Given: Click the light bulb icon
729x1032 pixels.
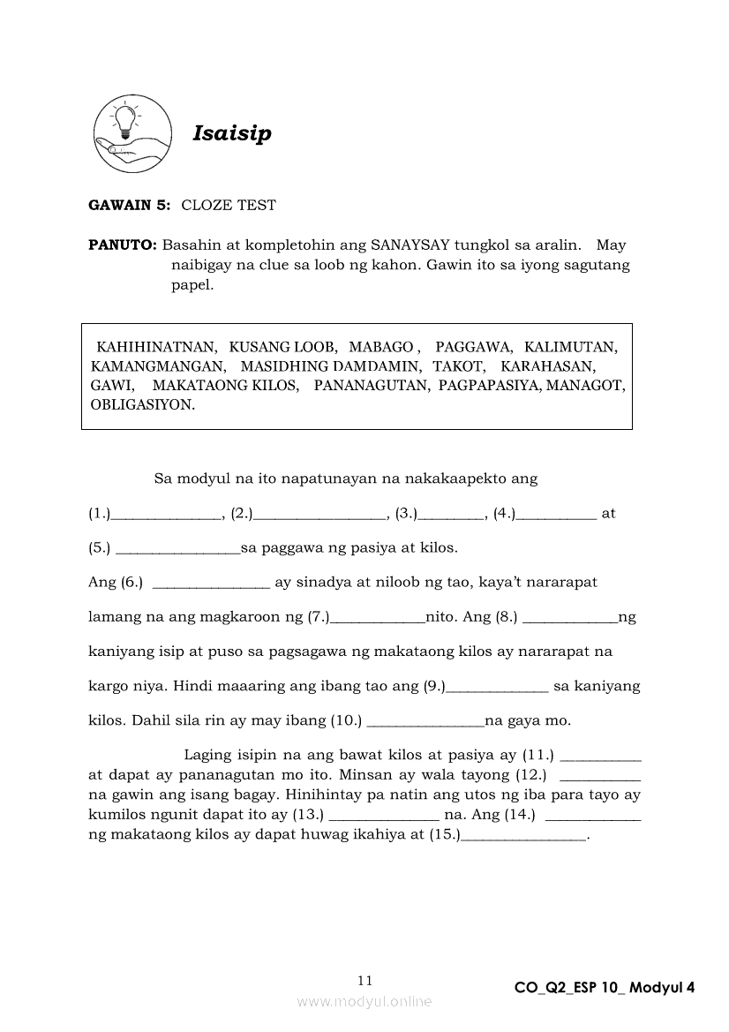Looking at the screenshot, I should (x=122, y=122).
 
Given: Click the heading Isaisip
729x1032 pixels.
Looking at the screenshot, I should (x=232, y=134).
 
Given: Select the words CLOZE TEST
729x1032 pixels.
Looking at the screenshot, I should (x=229, y=205).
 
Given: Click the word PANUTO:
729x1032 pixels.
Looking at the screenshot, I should (x=123, y=245).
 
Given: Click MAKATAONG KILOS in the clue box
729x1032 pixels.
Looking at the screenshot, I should (x=226, y=386).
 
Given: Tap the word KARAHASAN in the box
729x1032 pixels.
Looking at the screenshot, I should (x=548, y=365).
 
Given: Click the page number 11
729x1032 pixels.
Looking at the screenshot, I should (x=365, y=980).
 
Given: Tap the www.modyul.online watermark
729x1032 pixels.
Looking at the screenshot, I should (x=364, y=1001).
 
